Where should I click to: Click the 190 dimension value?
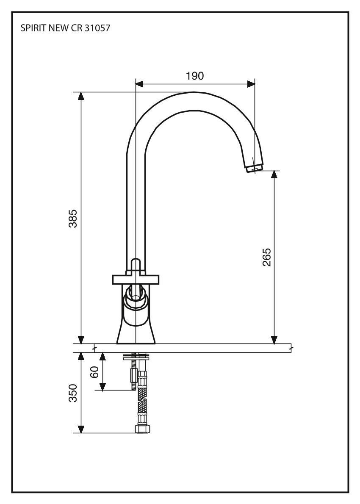pos(195,76)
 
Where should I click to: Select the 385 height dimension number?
pos(73,218)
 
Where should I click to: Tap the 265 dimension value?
pos(266,257)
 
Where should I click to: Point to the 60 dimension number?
pos(95,371)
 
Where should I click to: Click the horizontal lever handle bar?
pos(136,280)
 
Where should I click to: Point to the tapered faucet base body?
pos(136,330)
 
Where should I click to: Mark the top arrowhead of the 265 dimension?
pos(274,175)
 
